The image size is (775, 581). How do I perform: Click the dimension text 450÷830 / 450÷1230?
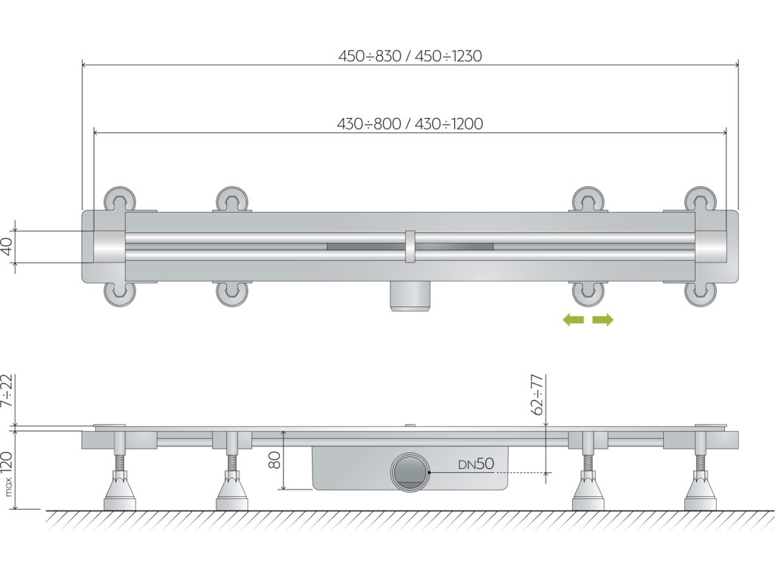coord(410,56)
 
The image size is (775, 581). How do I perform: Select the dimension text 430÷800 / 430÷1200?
coord(410,124)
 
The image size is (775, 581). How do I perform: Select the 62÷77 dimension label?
coord(538,393)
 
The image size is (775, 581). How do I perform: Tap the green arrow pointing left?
coord(574,320)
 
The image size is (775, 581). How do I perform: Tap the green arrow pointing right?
coord(603,320)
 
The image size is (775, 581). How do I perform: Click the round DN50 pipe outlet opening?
coord(410,472)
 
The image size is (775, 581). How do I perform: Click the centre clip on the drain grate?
coord(409,247)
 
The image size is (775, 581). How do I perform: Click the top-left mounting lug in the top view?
coord(120,200)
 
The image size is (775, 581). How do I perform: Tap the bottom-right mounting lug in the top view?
coord(700,293)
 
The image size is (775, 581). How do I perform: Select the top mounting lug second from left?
coord(233,200)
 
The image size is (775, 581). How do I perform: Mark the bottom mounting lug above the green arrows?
coord(588,293)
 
